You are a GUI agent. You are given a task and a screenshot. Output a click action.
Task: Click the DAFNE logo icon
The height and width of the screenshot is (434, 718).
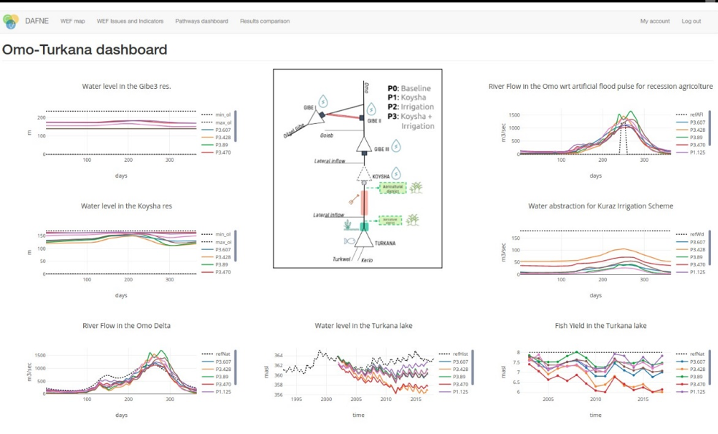(11, 21)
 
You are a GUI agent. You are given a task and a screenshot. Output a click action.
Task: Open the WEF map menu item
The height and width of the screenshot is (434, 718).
(72, 21)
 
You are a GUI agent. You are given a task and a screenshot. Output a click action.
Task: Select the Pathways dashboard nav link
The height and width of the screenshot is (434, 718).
(201, 21)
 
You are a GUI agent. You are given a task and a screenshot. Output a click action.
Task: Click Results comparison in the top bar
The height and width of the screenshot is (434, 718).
(264, 21)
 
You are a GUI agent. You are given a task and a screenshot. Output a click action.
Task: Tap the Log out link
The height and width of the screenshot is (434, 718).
(691, 21)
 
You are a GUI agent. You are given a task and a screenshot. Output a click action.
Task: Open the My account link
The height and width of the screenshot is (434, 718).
(655, 21)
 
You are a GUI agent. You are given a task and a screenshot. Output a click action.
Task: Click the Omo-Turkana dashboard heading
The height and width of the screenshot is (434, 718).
(85, 50)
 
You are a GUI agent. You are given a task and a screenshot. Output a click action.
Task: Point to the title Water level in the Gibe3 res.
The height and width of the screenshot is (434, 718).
(127, 87)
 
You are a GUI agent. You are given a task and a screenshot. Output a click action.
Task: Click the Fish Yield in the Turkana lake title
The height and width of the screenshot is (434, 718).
(600, 326)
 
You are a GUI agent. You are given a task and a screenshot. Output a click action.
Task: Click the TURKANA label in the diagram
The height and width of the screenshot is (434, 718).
(386, 243)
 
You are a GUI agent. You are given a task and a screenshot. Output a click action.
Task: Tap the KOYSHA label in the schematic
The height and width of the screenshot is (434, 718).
(380, 176)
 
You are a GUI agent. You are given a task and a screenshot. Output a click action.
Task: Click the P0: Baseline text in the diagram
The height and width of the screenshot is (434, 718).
(409, 88)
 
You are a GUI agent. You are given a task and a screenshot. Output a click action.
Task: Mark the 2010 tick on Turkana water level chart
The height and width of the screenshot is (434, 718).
(386, 400)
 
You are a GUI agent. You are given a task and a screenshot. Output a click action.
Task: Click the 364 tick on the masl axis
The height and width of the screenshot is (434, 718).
(279, 355)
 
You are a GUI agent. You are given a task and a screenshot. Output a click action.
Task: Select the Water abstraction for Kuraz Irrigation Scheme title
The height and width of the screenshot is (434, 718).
(600, 206)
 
